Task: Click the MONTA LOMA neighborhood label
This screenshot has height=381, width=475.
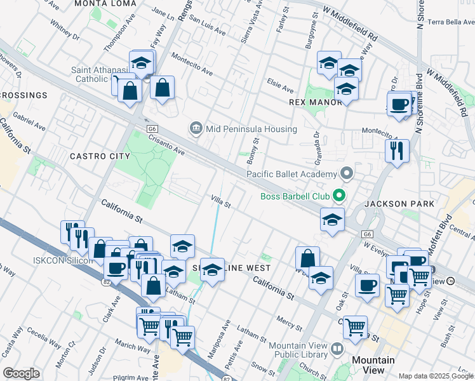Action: [105, 4]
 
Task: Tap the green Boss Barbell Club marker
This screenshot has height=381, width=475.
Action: [340, 196]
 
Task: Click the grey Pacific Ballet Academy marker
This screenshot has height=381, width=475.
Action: [346, 173]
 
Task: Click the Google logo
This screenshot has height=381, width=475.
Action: [21, 373]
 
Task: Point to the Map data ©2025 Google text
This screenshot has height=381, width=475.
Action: [435, 376]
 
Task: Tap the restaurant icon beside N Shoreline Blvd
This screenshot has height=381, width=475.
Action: [397, 151]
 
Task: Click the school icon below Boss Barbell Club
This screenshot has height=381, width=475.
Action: [332, 220]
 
